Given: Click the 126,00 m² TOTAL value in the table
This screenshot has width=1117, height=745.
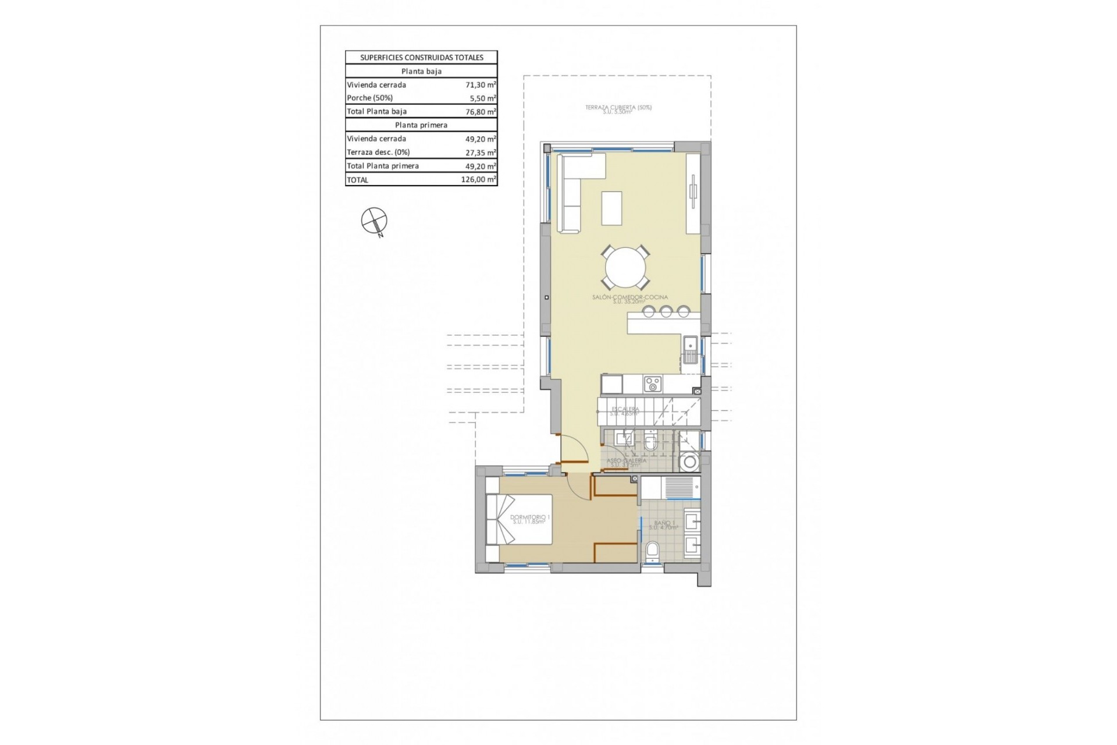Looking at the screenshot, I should pos(478,180).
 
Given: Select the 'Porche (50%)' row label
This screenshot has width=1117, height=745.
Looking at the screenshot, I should pos(369,98).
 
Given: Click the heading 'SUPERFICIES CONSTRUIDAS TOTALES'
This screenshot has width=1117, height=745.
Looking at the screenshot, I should pos(421,58).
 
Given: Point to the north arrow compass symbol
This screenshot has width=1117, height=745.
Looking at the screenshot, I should pos(374,221).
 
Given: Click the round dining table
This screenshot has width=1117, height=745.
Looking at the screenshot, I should pos(625,268).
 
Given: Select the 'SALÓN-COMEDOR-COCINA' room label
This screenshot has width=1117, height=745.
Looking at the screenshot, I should pos(629,297).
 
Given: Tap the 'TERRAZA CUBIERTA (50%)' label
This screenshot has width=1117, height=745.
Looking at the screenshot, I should pos(618,108).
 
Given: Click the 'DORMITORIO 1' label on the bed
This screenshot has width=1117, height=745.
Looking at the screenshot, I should pos(529,517).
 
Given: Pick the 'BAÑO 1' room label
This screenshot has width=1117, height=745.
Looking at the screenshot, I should pos(664,523).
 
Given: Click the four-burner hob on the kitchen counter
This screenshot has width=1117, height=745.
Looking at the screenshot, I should pos(652,384).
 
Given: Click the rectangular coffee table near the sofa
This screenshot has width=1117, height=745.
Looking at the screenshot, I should pos(611,208).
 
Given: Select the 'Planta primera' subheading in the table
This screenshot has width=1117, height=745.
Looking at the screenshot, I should pos(421,125).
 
